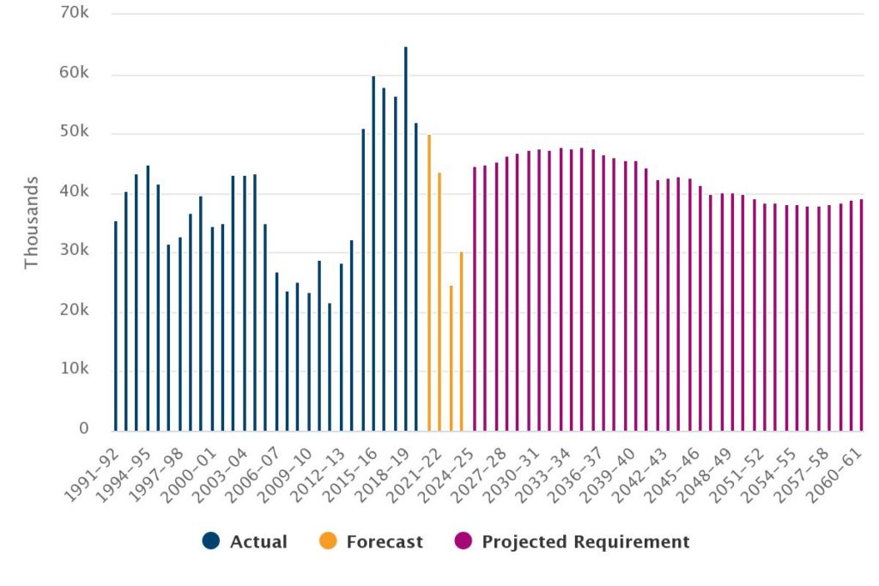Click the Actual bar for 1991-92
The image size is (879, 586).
coord(115,326)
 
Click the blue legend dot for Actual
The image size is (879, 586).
coord(211,541)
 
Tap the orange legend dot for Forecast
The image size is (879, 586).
coord(328,541)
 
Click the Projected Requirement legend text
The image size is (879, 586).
coord(585,541)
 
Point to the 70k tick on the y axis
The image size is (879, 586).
coord(75,15)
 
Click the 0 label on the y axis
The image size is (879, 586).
coord(84,429)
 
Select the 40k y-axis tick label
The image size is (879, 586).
coord(75,192)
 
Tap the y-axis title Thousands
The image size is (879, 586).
coord(32,222)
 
